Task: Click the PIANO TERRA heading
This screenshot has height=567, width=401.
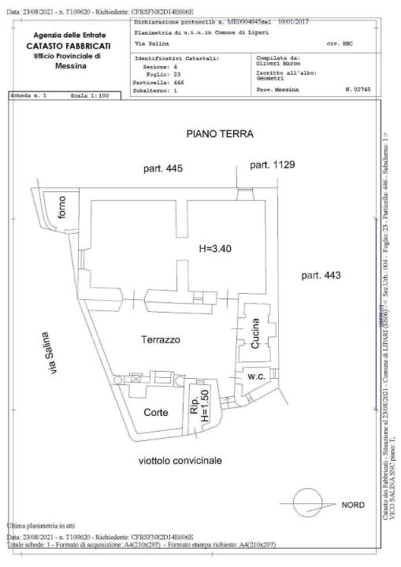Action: [x=220, y=135]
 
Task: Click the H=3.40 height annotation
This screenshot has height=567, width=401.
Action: [x=217, y=248]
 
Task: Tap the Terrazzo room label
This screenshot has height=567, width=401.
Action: [x=162, y=340]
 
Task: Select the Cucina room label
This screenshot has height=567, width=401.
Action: [x=255, y=333]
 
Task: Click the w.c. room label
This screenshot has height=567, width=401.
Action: [x=254, y=375]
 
